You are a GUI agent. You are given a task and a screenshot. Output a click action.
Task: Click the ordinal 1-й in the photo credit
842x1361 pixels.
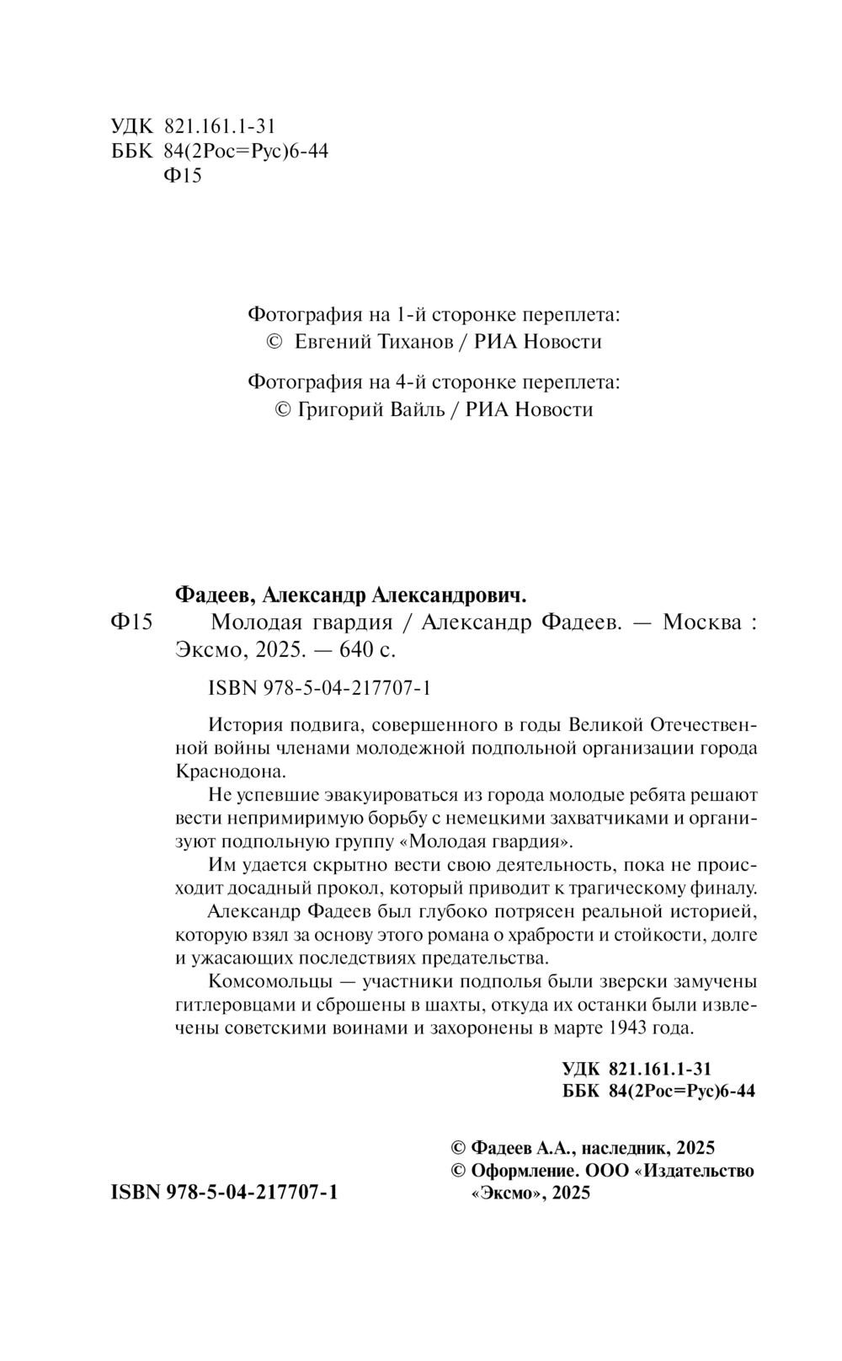[407, 315]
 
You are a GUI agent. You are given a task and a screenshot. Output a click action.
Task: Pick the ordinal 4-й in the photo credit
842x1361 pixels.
[407, 382]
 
